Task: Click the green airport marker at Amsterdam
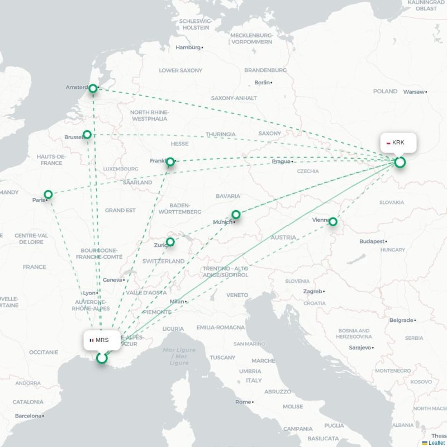point(93,88)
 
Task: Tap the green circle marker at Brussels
point(87,135)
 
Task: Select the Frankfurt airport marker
point(170,162)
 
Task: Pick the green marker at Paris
point(49,194)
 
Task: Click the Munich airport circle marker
point(236,215)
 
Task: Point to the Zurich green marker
point(170,242)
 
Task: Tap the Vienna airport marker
point(333,222)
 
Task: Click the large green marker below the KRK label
point(400,163)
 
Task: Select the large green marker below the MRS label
point(102,358)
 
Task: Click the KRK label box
point(398,143)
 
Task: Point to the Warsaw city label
point(414,92)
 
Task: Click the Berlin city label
point(262,83)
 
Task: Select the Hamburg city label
point(188,47)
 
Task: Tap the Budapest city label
point(372,241)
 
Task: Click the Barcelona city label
point(28,416)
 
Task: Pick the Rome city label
point(243,402)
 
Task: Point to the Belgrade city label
point(401,320)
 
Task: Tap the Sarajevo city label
point(360,348)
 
